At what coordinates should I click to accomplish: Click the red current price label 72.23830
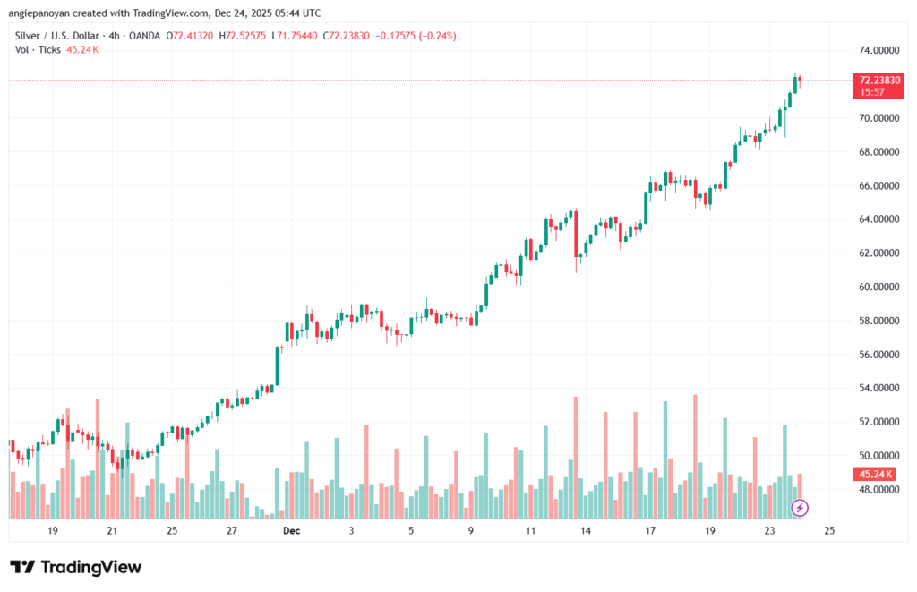coord(879,80)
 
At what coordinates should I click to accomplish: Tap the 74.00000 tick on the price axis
coord(878,50)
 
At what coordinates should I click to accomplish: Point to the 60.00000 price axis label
coord(878,287)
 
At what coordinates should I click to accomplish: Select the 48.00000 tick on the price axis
coord(878,490)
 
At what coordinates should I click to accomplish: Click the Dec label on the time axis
coord(290,530)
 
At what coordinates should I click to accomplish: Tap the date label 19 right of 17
coord(709,530)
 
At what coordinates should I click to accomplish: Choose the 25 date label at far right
coord(828,530)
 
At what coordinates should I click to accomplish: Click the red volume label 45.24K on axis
coord(879,474)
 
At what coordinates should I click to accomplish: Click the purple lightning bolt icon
coord(801,508)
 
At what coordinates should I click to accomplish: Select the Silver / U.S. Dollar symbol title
coord(59,36)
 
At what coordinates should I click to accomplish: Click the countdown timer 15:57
coord(869,92)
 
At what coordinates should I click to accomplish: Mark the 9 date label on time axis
coord(470,530)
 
